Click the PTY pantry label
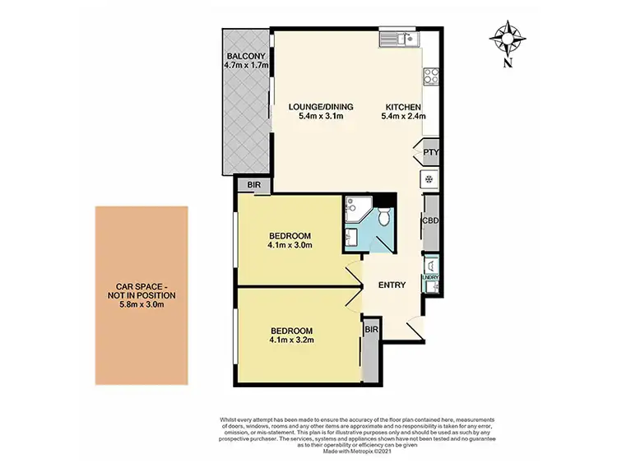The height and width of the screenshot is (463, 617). (x=430, y=153)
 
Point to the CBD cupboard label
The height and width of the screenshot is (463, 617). (x=429, y=220)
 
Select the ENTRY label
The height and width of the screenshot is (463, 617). (x=392, y=285)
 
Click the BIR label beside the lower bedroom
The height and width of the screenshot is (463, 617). (x=370, y=329)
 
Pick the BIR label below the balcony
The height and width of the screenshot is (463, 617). (x=254, y=186)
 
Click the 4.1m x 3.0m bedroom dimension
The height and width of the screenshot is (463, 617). (x=289, y=244)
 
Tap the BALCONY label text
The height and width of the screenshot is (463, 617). (x=247, y=57)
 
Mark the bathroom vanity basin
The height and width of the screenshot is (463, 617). (x=351, y=238)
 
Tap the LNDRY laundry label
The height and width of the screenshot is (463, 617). (x=430, y=277)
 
